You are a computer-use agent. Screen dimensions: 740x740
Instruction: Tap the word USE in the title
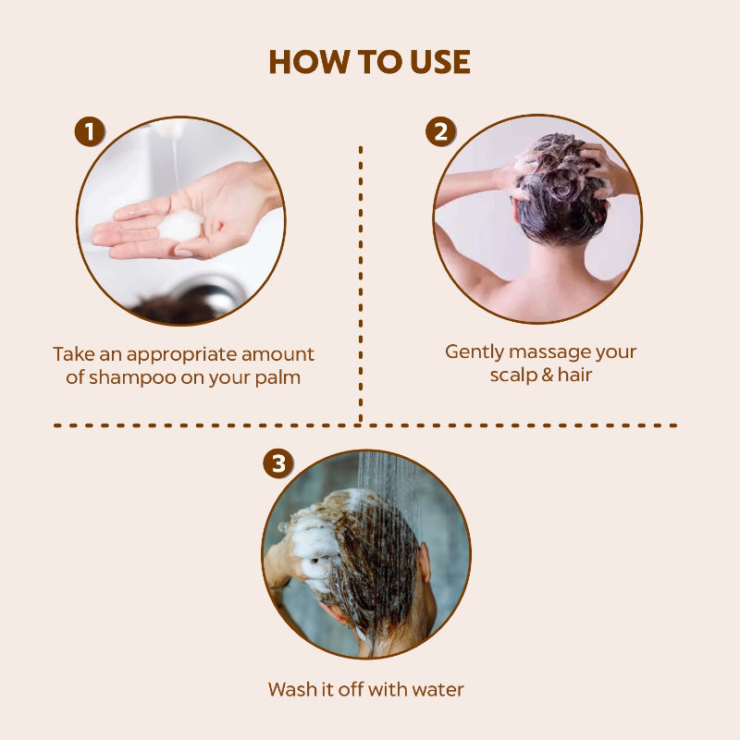440,62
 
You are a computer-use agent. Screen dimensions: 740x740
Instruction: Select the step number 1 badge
90,131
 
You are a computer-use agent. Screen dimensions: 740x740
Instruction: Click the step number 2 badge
441,131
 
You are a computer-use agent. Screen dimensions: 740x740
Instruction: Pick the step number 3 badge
278,463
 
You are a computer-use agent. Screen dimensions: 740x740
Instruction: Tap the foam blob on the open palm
180,226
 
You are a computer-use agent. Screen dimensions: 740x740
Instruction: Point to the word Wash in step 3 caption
292,689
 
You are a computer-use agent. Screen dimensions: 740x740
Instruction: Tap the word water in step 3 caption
438,690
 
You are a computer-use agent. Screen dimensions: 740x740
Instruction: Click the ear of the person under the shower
425,562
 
